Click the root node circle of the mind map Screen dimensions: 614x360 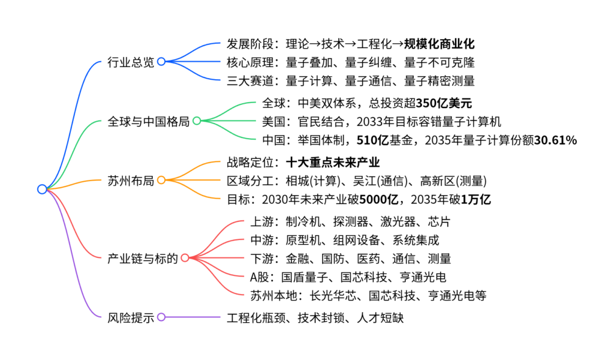click(x=43, y=189)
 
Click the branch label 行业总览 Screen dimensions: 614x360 click(x=131, y=62)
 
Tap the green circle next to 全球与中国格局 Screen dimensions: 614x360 click(x=197, y=121)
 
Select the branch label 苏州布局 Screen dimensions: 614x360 click(x=131, y=181)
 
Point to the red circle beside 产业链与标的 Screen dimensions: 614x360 click(x=185, y=258)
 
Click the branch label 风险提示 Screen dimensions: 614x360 click(x=131, y=317)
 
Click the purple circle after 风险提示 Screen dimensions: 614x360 click(x=161, y=317)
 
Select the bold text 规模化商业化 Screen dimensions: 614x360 click(x=439, y=43)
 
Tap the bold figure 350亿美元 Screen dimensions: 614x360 click(x=444, y=103)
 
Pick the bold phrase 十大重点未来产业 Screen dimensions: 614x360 click(x=333, y=162)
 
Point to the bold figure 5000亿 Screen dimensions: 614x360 click(x=379, y=199)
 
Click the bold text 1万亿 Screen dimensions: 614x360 click(x=475, y=199)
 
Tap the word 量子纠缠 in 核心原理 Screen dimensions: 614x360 click(x=369, y=62)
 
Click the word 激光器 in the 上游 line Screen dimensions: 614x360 click(x=398, y=222)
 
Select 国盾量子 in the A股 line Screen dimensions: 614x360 click(x=305, y=277)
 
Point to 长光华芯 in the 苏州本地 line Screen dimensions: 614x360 click(x=333, y=295)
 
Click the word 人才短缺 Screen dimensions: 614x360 click(x=380, y=317)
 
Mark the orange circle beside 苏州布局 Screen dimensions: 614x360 click(x=161, y=180)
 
